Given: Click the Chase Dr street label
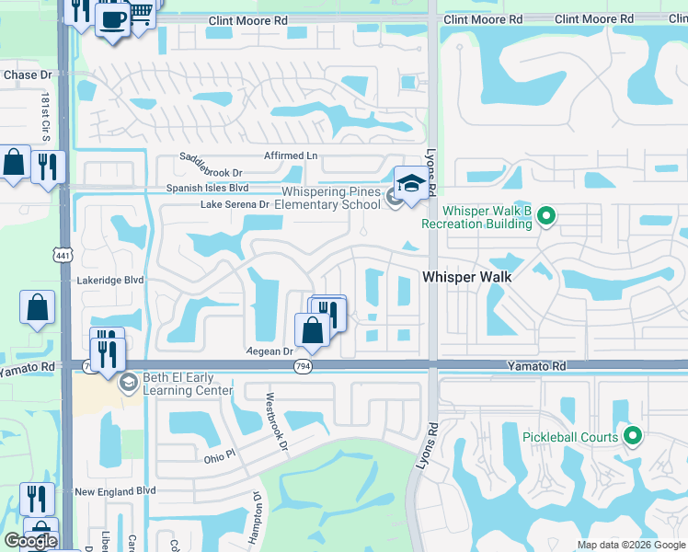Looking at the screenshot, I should click(29, 75).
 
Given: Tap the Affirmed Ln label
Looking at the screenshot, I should click(291, 155).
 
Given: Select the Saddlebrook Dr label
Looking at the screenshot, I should click(211, 172).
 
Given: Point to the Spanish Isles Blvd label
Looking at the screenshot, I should click(207, 188).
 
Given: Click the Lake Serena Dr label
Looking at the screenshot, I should click(235, 204).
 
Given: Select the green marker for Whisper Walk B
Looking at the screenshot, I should click(546, 216).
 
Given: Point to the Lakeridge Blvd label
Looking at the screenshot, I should click(112, 280).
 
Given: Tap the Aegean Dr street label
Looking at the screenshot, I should click(269, 351).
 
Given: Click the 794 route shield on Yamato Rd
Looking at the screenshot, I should click(302, 366).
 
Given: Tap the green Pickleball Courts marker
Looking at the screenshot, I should click(631, 436).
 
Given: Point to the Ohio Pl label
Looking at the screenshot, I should click(221, 456).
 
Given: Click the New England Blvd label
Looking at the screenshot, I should click(115, 492).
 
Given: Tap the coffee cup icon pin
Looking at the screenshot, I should click(112, 18).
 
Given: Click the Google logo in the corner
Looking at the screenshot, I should click(30, 541).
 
